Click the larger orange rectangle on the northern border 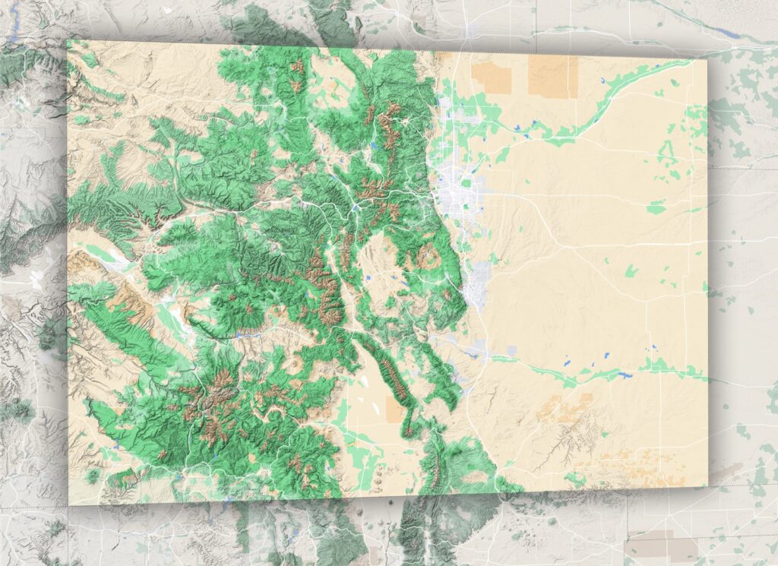click(x=552, y=76)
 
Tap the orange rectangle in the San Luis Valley click(x=396, y=409)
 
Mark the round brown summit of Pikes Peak click(x=428, y=258)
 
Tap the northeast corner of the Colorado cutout click(x=707, y=59)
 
